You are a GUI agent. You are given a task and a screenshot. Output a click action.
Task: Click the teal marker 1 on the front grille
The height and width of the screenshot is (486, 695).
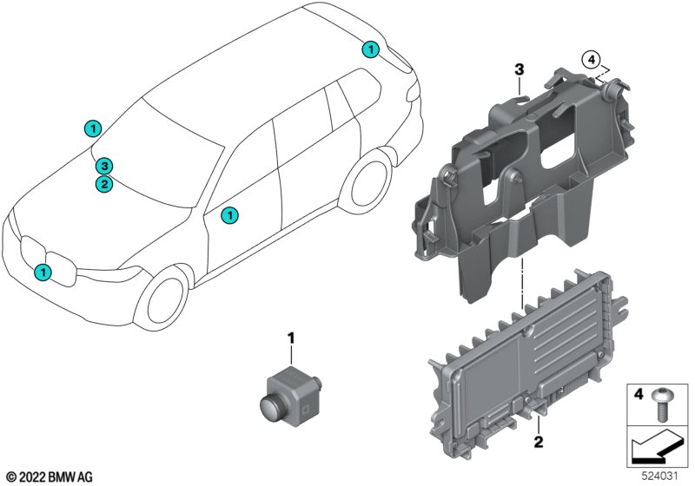[x=43, y=273]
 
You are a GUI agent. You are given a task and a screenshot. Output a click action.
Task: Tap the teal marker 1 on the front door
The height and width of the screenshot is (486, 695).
[x=229, y=214]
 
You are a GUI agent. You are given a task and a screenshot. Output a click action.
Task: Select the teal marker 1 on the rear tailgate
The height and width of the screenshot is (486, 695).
[x=371, y=49]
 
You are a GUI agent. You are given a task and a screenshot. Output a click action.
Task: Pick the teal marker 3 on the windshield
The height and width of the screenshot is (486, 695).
[x=103, y=166]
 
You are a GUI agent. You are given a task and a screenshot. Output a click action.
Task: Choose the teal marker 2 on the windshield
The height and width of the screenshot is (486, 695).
[x=103, y=183]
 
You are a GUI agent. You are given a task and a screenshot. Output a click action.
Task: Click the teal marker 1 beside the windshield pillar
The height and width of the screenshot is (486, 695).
[x=90, y=128]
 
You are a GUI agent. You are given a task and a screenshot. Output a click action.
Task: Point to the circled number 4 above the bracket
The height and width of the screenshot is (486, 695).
[x=591, y=60]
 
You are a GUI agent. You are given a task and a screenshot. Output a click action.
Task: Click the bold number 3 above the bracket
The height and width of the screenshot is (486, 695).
[x=518, y=68]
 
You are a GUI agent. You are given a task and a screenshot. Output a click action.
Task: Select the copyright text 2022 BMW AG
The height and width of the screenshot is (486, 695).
[x=49, y=476]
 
